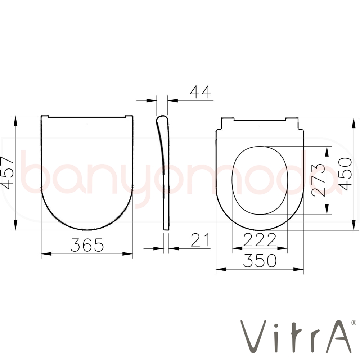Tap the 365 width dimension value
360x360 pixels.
point(87,245)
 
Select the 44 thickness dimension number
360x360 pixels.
point(201,92)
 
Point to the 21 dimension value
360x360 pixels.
point(201,240)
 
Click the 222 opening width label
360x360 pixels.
point(260,240)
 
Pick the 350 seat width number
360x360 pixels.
point(260,261)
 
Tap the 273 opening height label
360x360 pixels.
point(319,180)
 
